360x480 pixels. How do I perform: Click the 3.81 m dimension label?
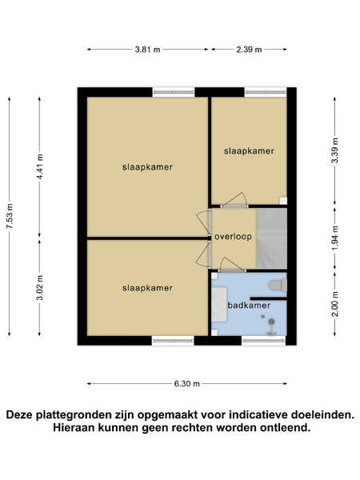tap(147, 50)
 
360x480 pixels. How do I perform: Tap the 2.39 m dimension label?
tap(249, 50)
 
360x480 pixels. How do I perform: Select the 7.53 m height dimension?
tap(10, 216)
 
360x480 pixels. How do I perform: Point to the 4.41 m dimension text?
tap(40, 166)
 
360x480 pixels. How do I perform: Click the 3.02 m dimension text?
tap(40, 288)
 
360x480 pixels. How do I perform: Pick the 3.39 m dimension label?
tap(335, 150)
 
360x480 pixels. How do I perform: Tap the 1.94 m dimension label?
tap(335, 238)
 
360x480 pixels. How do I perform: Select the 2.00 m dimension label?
tap(335, 304)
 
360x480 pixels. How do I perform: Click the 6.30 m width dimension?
tap(187, 383)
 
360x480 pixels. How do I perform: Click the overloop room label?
tap(234, 237)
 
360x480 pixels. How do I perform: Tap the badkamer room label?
tap(249, 306)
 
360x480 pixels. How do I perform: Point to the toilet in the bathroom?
tap(278, 286)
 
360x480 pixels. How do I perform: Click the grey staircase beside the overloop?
tap(271, 238)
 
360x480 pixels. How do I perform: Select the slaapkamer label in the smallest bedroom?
tap(249, 151)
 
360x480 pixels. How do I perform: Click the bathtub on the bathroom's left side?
tap(219, 304)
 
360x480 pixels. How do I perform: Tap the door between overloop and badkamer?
tap(232, 265)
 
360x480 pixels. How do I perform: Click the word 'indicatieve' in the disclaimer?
tap(258, 415)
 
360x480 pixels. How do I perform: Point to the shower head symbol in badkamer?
tap(271, 322)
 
